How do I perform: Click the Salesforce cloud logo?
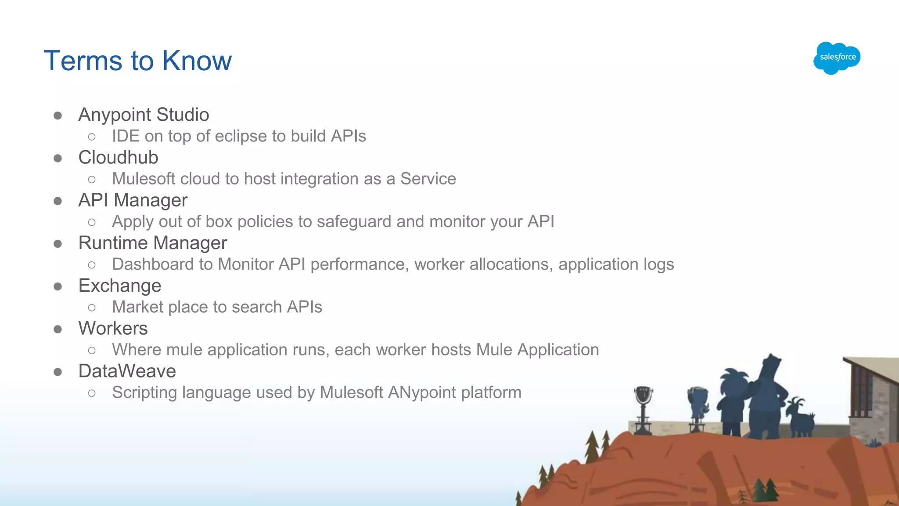pos(837,58)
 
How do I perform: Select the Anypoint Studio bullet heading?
pos(144,115)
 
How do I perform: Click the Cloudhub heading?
pos(118,157)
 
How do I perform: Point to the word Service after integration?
pos(428,179)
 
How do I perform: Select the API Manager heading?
pos(133,200)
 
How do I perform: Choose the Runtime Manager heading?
pos(152,243)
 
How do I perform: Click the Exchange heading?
pos(120,286)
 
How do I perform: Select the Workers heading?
pos(113,328)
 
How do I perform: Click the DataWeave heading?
pos(127,371)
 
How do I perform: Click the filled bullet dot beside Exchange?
pos(58,286)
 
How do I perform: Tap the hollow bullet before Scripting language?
pos(92,393)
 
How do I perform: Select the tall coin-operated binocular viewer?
pos(643,408)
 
